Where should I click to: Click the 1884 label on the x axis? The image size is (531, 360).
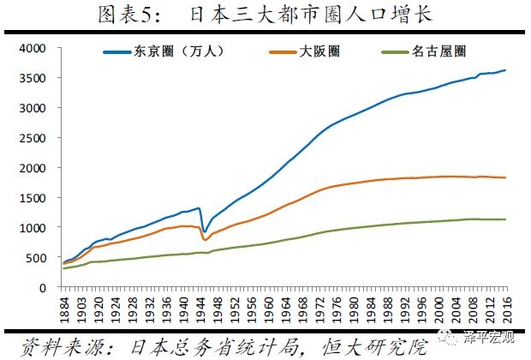[x=63, y=308]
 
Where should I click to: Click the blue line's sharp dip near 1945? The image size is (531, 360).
[x=204, y=231]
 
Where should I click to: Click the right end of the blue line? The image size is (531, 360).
[x=506, y=70]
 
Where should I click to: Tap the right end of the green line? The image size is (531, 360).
[x=506, y=219]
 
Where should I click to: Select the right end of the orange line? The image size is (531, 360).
[x=506, y=177]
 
